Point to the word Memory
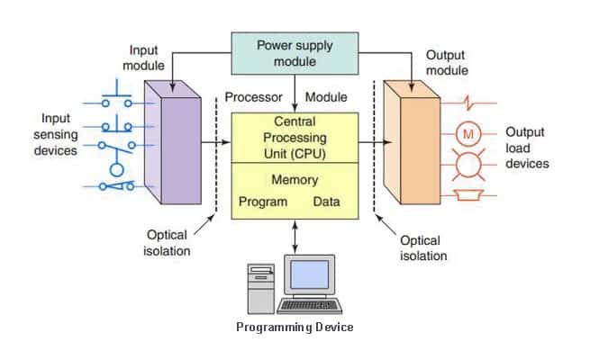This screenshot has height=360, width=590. (295, 179)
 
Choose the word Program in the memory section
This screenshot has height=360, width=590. (262, 202)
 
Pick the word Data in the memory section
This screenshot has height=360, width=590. (326, 202)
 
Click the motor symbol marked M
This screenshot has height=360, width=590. (467, 135)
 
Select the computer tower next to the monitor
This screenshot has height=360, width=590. (261, 286)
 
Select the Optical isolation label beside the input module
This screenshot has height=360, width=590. (168, 242)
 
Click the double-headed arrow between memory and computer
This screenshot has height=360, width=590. (295, 236)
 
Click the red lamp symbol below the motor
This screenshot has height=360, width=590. (467, 165)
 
